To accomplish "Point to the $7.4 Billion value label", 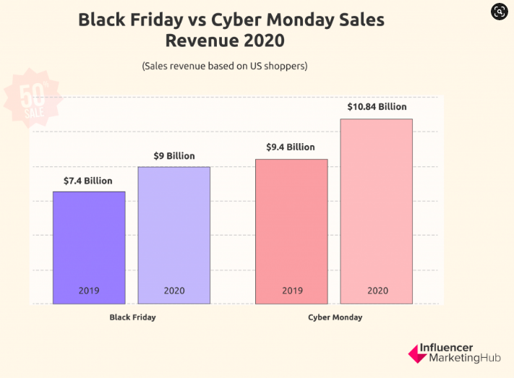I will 89,181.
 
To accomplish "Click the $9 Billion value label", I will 174,155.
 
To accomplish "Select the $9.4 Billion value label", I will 291,147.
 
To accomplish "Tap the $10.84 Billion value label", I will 377,107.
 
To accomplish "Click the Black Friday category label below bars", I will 132,317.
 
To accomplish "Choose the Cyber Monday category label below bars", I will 335,317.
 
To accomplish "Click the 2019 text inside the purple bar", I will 89,291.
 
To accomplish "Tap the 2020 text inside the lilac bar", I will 174,291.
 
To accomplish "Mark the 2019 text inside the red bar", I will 291,291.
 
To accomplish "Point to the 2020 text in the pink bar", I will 377,291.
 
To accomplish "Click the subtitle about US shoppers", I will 225,66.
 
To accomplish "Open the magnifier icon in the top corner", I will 499,11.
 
